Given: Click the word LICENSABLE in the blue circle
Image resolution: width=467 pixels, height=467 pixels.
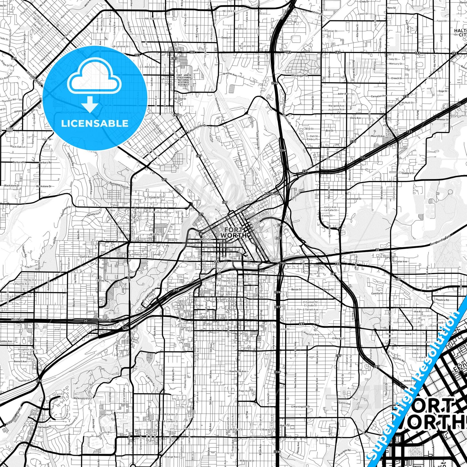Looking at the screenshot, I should click(95, 123).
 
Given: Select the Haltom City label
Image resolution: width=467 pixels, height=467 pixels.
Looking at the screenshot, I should click(461, 33).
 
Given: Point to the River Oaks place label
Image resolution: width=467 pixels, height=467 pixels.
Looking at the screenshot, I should click(9, 130).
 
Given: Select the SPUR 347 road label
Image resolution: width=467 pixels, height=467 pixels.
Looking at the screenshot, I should click(272, 194).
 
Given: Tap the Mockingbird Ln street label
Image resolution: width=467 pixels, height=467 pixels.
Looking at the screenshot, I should click(81, 398).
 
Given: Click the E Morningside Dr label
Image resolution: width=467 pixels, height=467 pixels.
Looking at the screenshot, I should click(301, 406).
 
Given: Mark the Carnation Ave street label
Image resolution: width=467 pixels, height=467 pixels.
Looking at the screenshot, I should click(378, 96).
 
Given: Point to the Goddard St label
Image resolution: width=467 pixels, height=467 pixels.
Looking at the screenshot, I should click(408, 173).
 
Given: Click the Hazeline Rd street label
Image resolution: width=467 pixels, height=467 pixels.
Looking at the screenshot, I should click(442, 300).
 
